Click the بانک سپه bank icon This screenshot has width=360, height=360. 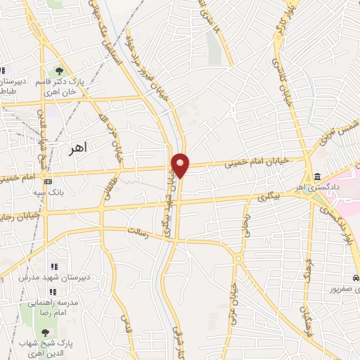click(x=48, y=181)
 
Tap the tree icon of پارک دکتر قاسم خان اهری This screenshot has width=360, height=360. click(x=60, y=72)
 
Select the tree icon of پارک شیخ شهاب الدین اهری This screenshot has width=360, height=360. click(x=46, y=333)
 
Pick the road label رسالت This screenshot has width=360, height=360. click(x=136, y=232)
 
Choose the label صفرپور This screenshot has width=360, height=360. click(x=345, y=288)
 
